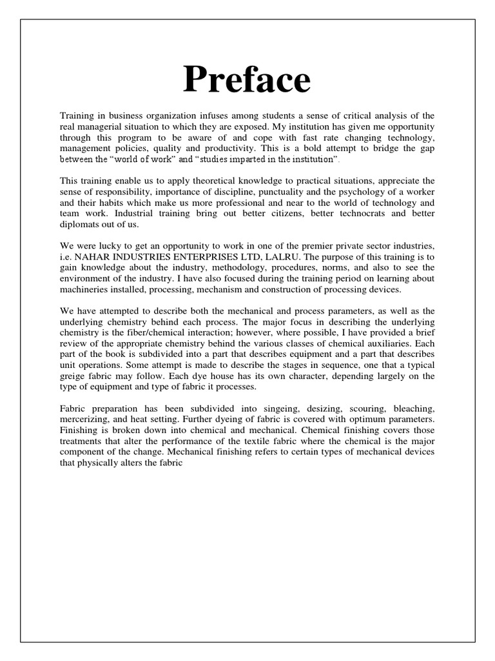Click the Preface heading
click(x=247, y=81)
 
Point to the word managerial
click(x=102, y=126)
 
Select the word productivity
click(x=231, y=148)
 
